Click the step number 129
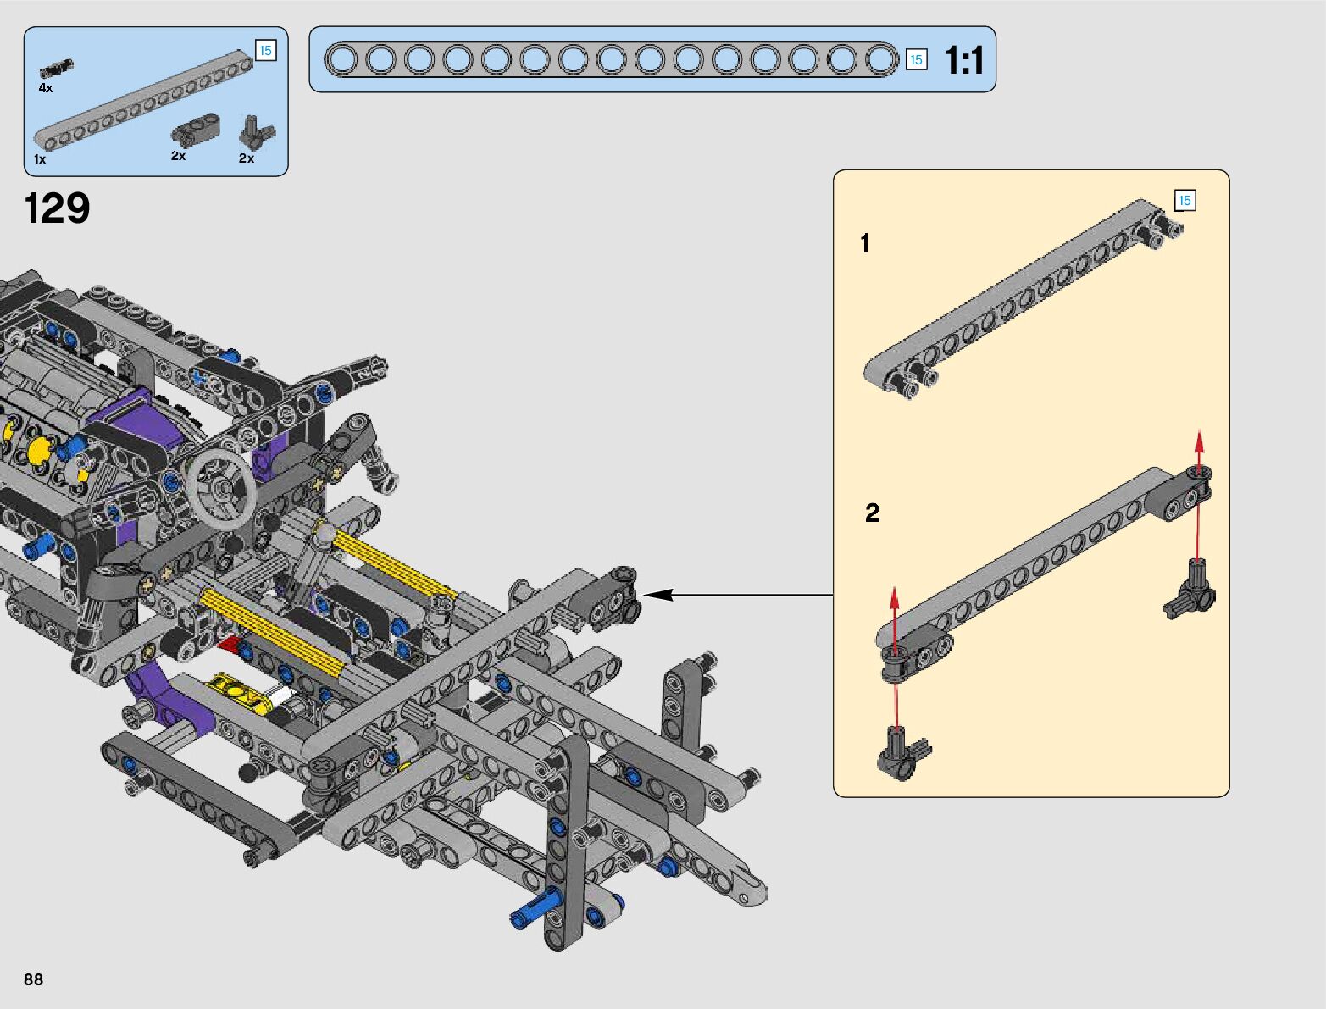point(57,208)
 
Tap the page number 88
point(33,979)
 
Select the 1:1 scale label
point(964,60)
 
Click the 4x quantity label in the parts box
point(45,88)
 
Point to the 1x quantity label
point(40,159)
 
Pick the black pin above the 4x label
point(56,68)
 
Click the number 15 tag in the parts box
point(266,50)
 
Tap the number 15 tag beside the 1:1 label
point(917,60)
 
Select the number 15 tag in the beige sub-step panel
point(1185,201)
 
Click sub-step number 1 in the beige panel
point(865,243)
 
